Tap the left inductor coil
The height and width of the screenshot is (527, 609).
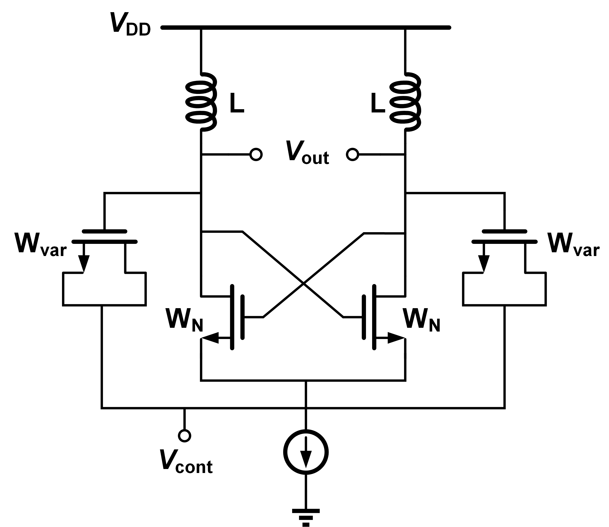point(201,102)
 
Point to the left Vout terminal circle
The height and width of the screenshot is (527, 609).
point(256,154)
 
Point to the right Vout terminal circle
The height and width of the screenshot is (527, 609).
point(352,154)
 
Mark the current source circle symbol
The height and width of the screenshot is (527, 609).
point(306,452)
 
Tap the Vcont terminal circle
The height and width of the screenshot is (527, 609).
point(185,436)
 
